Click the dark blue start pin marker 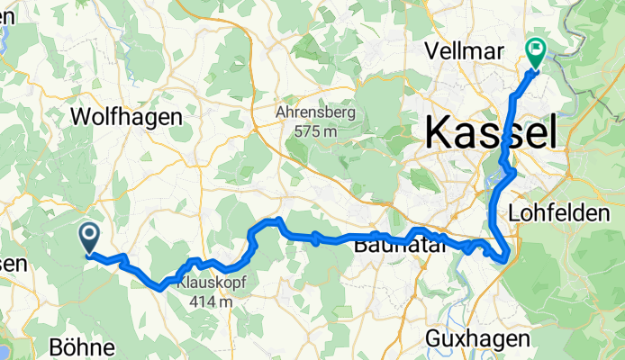click(90, 238)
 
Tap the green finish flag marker click(535, 53)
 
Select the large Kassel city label click(489, 133)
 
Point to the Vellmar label click(466, 50)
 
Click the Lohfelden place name click(566, 213)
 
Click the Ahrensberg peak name click(315, 113)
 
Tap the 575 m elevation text click(315, 131)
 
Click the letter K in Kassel click(437, 133)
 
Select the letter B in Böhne click(57, 347)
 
